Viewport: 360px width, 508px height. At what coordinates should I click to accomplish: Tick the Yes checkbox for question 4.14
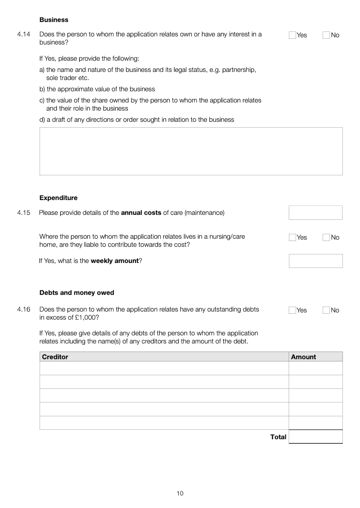pos(292,35)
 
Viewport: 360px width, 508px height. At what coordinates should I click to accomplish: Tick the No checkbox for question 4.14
pos(326,35)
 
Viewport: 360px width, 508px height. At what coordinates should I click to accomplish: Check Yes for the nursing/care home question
pos(292,237)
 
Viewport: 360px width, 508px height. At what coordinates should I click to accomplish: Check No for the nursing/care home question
pos(326,237)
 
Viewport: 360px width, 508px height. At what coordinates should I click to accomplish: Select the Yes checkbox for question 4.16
pos(292,310)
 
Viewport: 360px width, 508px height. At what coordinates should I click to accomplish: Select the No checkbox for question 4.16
pos(326,310)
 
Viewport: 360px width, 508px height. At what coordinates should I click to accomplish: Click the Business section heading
pos(54,20)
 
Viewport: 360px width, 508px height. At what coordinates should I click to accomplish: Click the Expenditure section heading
pos(58,198)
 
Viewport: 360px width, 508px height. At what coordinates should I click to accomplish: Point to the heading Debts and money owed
pos(77,293)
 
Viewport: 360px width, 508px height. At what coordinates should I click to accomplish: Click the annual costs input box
pos(315,213)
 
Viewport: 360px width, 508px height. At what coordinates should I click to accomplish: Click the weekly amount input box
pos(315,261)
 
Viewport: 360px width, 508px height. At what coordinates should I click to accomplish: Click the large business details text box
pos(191,151)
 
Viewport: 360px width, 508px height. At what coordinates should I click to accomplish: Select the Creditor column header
pos(55,357)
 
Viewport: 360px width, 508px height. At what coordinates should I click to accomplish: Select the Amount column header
pos(303,357)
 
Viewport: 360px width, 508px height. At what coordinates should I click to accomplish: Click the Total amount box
pos(315,437)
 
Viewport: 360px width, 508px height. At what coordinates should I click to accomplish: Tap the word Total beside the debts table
pos(278,437)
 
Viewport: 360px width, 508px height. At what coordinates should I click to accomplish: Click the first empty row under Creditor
pos(164,368)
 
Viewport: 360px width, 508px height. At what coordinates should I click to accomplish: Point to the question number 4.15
pos(24,213)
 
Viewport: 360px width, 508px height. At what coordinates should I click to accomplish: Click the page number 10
pos(180,493)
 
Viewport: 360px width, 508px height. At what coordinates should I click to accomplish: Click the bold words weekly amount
pos(114,261)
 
